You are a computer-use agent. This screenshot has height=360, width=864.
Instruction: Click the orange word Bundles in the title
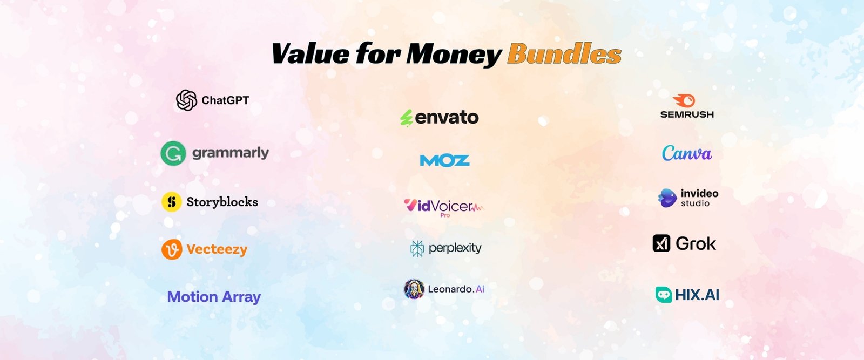pyautogui.click(x=564, y=53)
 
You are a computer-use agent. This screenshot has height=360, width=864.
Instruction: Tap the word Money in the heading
pyautogui.click(x=454, y=55)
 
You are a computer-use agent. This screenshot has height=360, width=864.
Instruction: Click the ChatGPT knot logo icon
pyautogui.click(x=187, y=100)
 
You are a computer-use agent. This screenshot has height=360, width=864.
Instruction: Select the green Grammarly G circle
pyautogui.click(x=173, y=153)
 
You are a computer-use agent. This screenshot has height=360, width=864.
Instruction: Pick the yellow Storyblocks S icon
pyautogui.click(x=172, y=202)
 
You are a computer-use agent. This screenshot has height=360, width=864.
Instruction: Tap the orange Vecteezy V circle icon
pyautogui.click(x=172, y=249)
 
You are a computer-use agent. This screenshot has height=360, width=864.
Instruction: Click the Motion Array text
pyautogui.click(x=214, y=297)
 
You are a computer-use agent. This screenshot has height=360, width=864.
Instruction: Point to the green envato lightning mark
pyautogui.click(x=407, y=118)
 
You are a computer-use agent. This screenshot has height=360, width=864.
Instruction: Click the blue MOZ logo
pyautogui.click(x=445, y=160)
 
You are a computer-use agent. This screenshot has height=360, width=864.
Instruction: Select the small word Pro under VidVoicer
pyautogui.click(x=445, y=215)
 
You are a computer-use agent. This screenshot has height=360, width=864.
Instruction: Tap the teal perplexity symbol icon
pyautogui.click(x=417, y=249)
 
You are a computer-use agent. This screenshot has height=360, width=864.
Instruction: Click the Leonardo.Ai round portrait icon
pyautogui.click(x=414, y=289)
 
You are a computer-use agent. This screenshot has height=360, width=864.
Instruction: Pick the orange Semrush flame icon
pyautogui.click(x=684, y=100)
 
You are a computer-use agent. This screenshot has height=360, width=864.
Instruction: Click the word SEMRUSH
pyautogui.click(x=687, y=114)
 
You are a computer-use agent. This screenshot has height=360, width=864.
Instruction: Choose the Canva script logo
pyautogui.click(x=686, y=153)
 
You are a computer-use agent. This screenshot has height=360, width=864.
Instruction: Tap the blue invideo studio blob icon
pyautogui.click(x=667, y=198)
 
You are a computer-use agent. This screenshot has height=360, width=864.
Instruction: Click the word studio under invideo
pyautogui.click(x=695, y=203)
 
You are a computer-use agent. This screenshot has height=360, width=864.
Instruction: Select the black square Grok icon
pyautogui.click(x=661, y=243)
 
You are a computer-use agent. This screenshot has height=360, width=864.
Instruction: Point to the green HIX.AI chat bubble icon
pyautogui.click(x=664, y=295)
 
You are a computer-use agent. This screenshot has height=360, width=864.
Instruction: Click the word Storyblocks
pyautogui.click(x=222, y=202)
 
